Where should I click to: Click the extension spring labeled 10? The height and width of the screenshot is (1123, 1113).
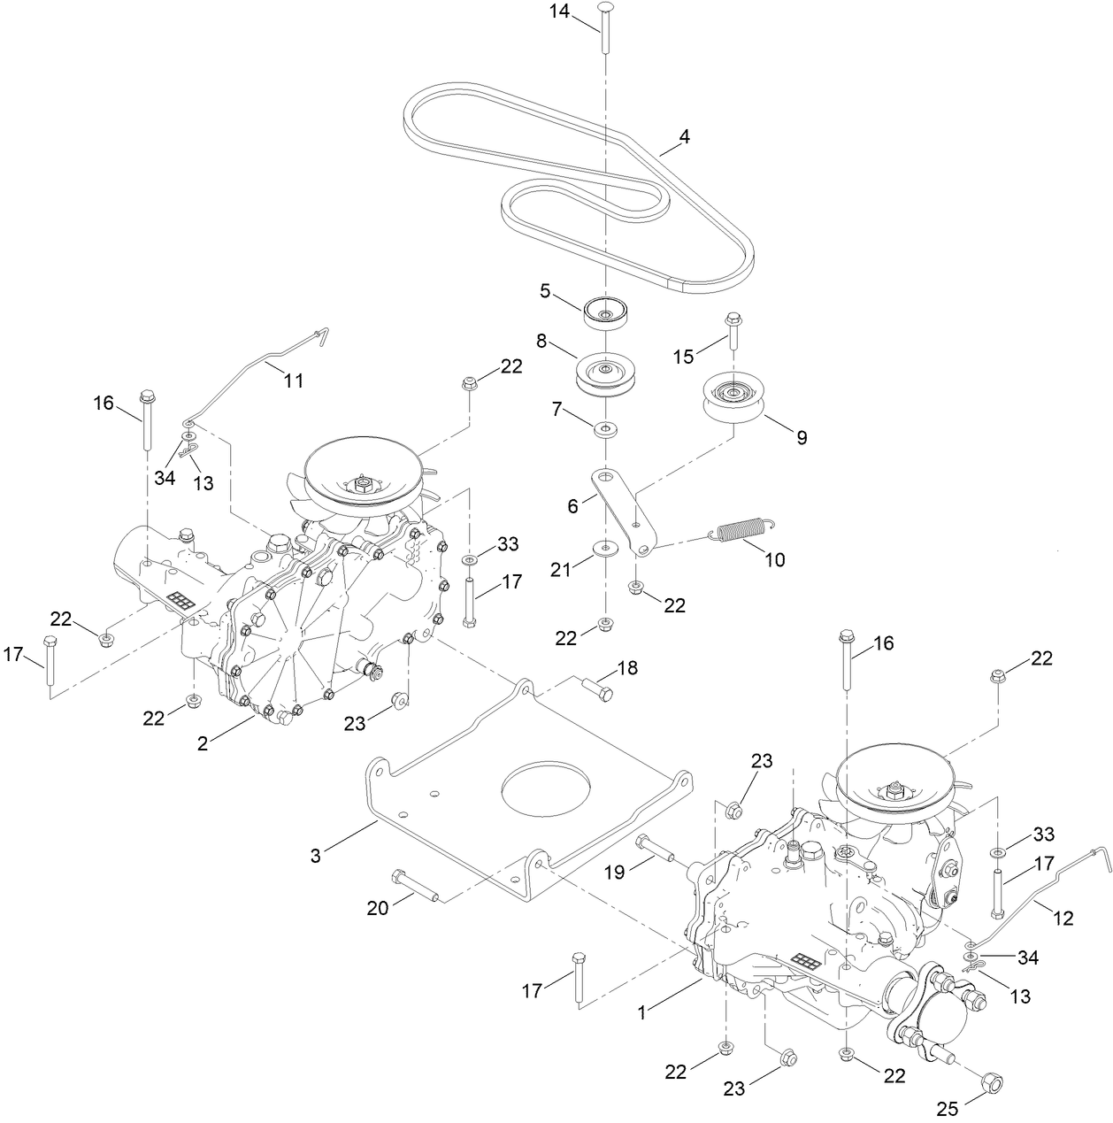[x=741, y=530]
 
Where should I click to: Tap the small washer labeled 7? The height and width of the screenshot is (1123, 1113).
[x=605, y=429]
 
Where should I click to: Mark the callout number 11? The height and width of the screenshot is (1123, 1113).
[x=293, y=381]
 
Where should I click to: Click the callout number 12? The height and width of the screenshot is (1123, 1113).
[x=1063, y=918]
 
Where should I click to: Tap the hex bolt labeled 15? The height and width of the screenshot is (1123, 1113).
[x=733, y=334]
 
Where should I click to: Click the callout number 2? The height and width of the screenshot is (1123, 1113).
[x=203, y=743]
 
